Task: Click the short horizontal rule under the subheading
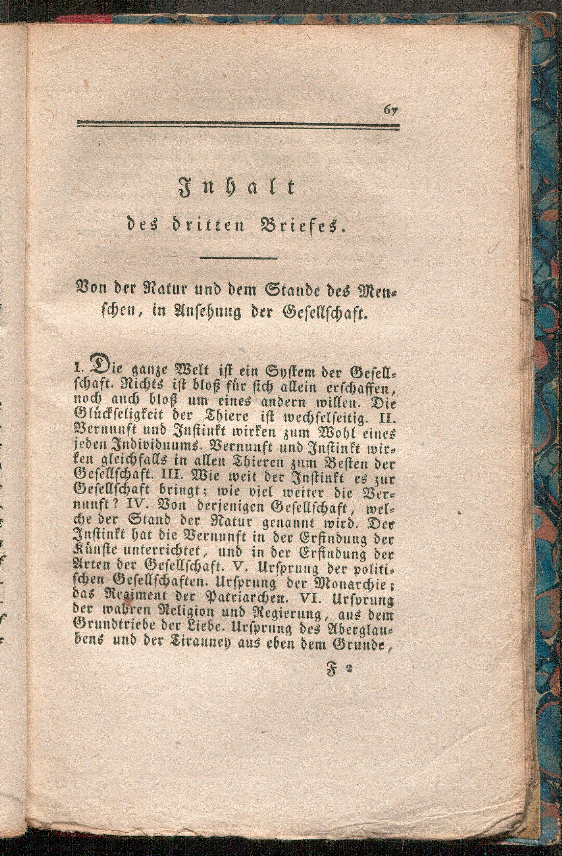pos(238,258)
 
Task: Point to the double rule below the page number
pos(238,126)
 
